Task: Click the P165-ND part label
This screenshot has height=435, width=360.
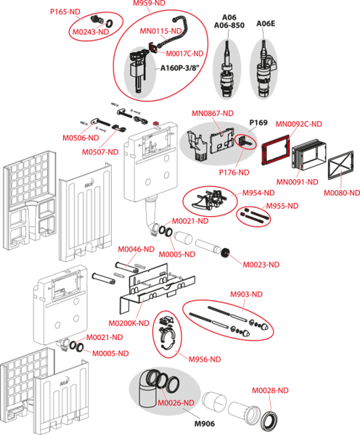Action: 65,12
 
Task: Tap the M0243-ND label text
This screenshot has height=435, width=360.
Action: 91,32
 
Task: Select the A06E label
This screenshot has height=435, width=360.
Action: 266,24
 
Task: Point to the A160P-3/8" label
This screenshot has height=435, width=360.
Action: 180,68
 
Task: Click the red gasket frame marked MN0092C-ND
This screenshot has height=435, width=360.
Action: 276,149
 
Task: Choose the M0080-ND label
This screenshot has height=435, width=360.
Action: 342,193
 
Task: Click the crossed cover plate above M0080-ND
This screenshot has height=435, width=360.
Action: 341,165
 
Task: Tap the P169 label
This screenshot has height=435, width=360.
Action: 258,123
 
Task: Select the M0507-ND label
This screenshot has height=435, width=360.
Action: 100,152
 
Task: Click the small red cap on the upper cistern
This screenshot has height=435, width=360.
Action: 156,123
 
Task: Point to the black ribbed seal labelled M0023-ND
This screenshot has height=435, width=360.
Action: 226,253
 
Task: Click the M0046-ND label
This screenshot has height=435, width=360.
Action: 136,249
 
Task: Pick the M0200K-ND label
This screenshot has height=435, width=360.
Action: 129,323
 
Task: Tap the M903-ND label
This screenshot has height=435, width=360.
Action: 246,294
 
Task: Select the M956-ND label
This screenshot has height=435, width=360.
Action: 205,360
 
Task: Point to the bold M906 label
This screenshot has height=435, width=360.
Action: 205,423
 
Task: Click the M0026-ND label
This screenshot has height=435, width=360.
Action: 176,403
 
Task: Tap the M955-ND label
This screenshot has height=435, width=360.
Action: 282,206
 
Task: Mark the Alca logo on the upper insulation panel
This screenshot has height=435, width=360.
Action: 89,184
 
